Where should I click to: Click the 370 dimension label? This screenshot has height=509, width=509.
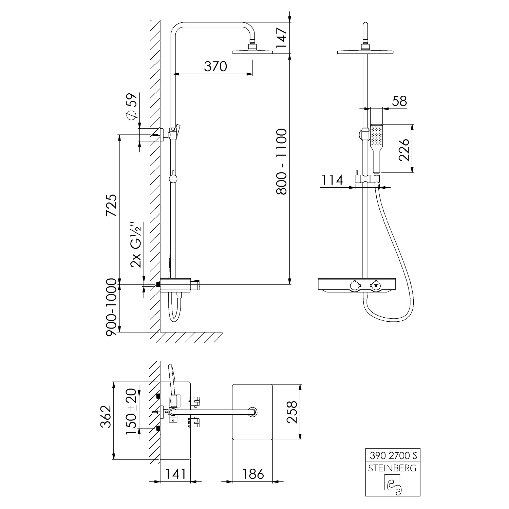215,66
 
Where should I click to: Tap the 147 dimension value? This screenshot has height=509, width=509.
281,38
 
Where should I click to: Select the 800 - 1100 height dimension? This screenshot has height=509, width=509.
281,162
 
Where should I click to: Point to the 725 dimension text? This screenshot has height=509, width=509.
112,205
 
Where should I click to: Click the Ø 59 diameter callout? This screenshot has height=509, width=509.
132,106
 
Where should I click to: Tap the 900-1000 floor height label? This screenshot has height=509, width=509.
112,307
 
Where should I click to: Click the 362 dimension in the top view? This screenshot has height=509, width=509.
106,416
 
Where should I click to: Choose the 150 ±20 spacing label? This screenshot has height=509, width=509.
131,412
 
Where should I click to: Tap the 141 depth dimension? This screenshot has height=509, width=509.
175,474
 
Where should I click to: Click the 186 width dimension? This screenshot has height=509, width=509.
253,474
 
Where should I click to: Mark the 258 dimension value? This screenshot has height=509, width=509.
292,412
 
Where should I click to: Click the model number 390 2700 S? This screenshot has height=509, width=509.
393,455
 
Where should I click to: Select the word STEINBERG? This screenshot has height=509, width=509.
392,468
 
